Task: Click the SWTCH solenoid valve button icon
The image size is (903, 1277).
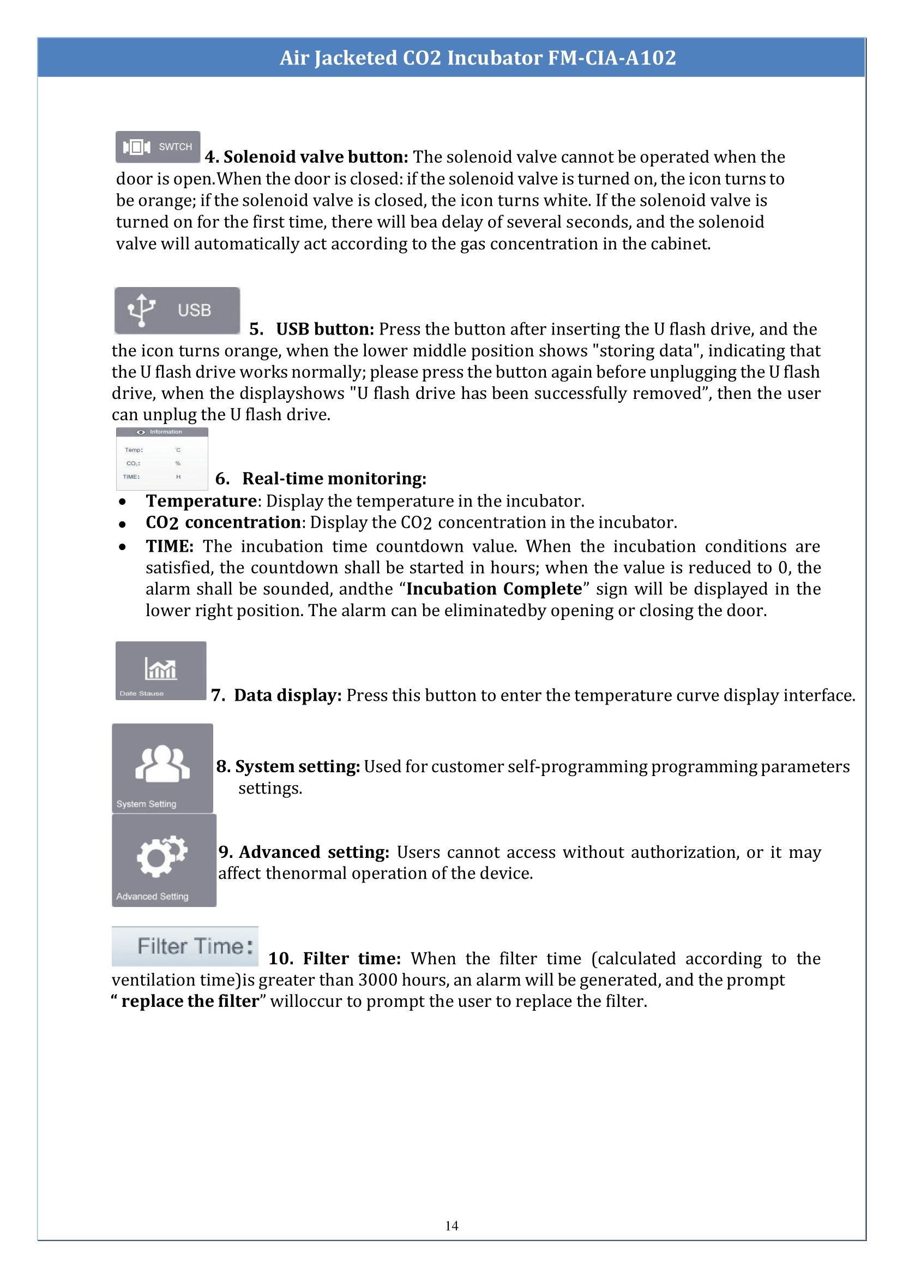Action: (158, 147)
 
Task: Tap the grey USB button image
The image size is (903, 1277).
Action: (177, 311)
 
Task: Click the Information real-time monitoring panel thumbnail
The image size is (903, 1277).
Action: (162, 458)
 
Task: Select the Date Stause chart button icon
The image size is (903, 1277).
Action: (161, 671)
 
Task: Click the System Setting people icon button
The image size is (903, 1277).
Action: (162, 768)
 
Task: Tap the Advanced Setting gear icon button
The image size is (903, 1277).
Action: (164, 860)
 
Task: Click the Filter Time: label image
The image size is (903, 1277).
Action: (185, 946)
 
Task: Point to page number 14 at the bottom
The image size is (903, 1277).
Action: (451, 1225)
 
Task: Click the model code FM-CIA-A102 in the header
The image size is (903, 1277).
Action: (612, 58)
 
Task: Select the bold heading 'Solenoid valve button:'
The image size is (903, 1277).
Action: (315, 157)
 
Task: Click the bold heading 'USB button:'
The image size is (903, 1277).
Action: (325, 329)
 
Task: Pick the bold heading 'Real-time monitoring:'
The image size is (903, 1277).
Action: (334, 479)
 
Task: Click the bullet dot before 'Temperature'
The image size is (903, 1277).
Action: (122, 502)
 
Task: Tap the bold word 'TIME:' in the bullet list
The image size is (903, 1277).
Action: (170, 546)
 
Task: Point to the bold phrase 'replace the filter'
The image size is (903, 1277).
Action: (190, 1001)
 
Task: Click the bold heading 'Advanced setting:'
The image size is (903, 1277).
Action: (314, 852)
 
